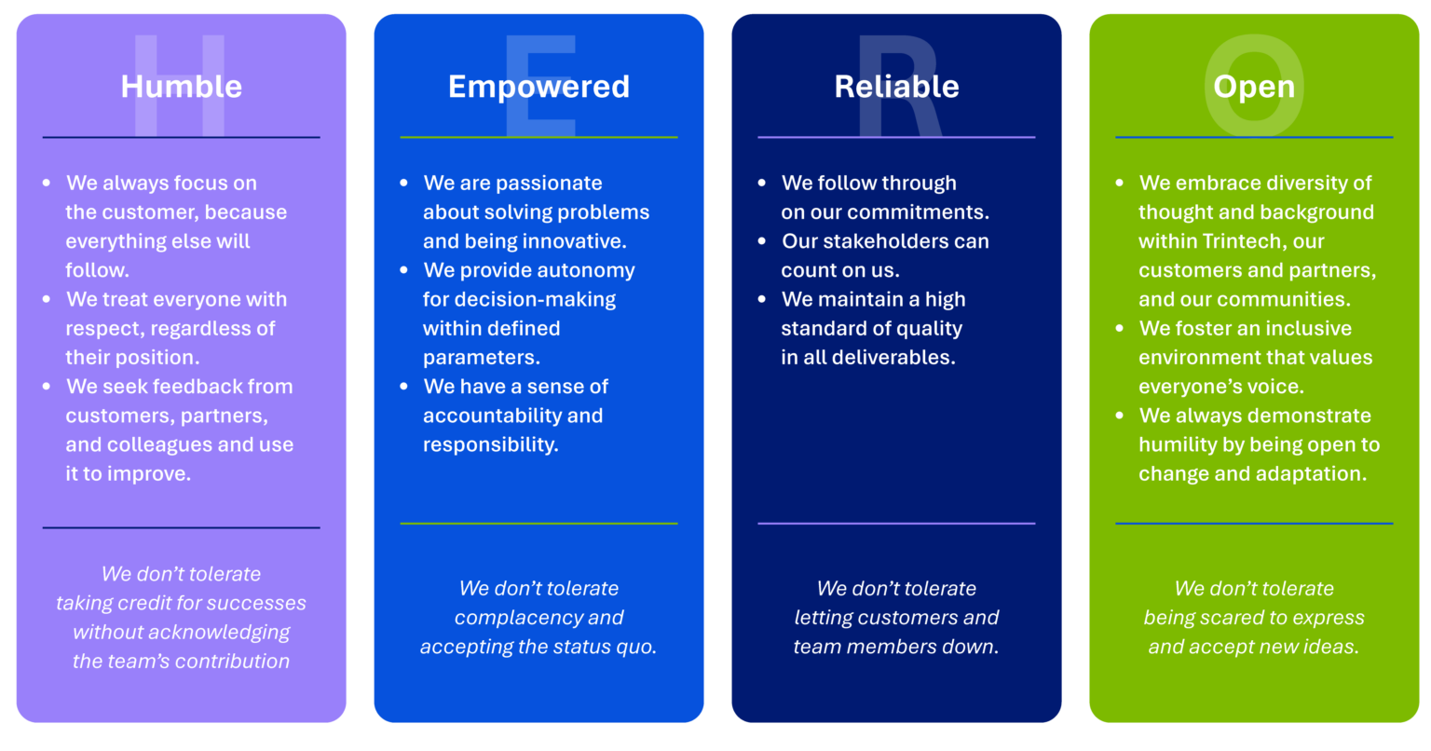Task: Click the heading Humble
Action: (x=181, y=87)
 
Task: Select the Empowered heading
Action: (x=538, y=87)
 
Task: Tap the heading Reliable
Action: (x=896, y=87)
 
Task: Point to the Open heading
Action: (x=1253, y=87)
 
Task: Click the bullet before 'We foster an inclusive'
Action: (x=1120, y=329)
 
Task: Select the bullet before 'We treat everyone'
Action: (x=47, y=300)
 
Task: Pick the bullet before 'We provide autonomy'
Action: (x=404, y=271)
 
